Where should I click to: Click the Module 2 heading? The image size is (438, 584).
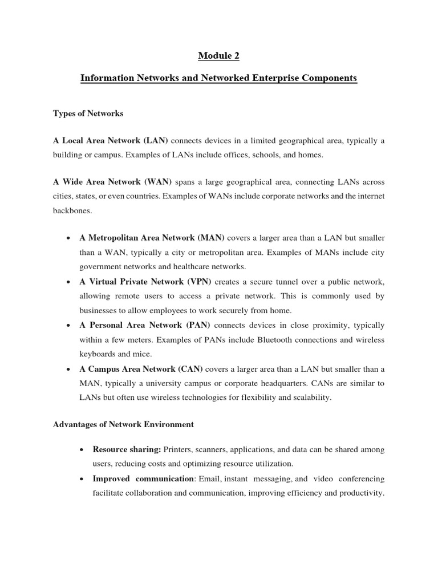[218, 55]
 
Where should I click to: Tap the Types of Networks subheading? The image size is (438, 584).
[88, 113]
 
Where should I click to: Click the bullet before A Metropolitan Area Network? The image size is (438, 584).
[68, 237]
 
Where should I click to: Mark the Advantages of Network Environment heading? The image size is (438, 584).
[123, 424]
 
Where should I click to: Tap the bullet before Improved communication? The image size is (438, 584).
[82, 479]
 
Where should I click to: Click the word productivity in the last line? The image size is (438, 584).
[360, 493]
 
